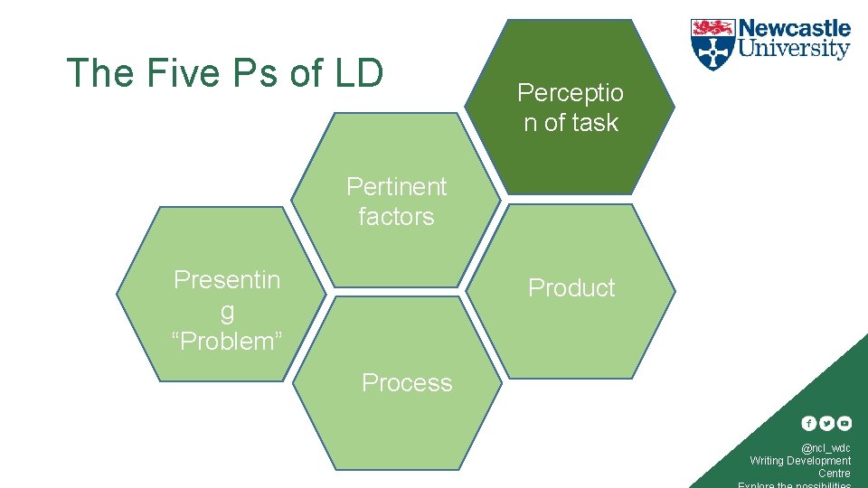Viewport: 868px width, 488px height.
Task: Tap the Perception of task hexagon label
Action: pos(571,108)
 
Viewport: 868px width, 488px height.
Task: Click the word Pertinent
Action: pos(396,186)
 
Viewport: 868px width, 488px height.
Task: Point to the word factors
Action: pos(396,217)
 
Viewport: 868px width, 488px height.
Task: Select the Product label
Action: pos(571,287)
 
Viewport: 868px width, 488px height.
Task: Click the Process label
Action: pos(407,383)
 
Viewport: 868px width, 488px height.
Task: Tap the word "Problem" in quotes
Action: pos(227,342)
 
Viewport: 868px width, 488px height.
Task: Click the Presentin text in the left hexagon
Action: pos(227,280)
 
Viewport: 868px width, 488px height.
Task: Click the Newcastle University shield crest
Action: pos(712,44)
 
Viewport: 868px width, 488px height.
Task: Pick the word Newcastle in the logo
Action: pos(795,29)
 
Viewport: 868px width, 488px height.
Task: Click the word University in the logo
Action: pos(795,49)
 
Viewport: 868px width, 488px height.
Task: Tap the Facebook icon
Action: pos(809,423)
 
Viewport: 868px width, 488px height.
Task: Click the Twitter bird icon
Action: pos(826,423)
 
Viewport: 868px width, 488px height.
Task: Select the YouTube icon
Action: pos(844,423)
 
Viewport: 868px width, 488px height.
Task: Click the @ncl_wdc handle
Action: pos(826,448)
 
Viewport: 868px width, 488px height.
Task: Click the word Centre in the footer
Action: pos(834,474)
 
